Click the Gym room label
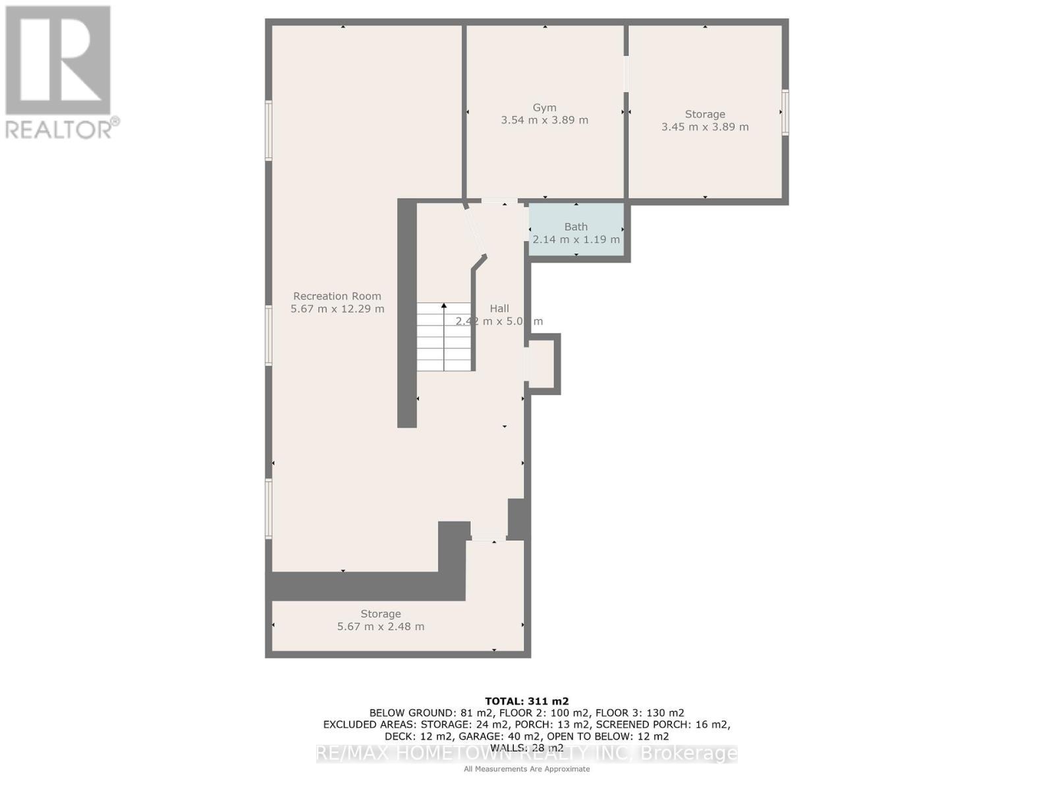(544, 107)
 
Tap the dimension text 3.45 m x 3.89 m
(705, 127)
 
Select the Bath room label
(576, 226)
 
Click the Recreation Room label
(337, 296)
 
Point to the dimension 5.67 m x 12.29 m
(337, 308)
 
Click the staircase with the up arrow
(444, 337)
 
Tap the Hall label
(499, 308)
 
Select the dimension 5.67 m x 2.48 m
(381, 626)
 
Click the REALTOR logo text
(62, 129)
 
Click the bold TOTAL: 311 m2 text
(526, 701)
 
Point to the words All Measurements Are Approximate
(526, 769)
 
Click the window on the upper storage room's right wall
(785, 113)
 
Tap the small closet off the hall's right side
(542, 364)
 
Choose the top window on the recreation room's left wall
(269, 130)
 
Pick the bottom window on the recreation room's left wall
(269, 508)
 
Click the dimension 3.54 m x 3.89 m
(544, 120)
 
